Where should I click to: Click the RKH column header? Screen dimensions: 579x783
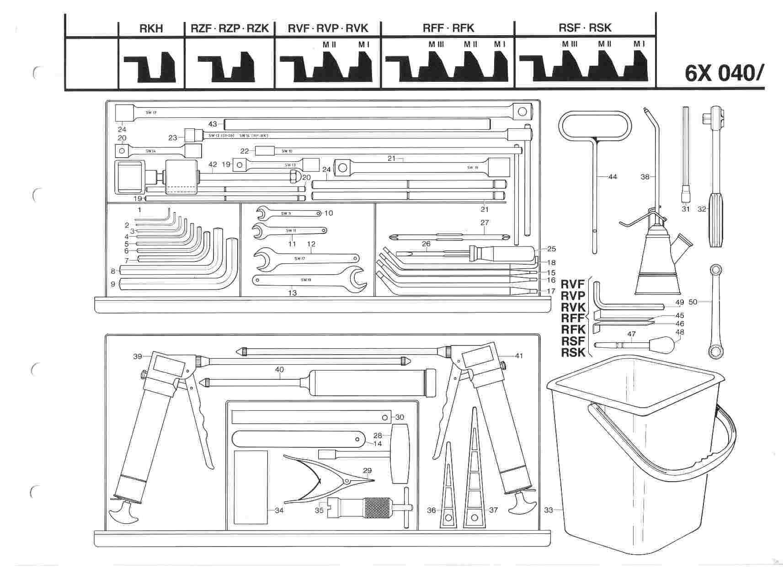click(x=151, y=28)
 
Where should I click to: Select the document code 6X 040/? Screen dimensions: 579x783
click(x=724, y=72)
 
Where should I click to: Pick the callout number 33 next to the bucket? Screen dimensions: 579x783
click(x=549, y=510)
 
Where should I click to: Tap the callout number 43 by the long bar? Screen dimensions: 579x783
click(x=213, y=124)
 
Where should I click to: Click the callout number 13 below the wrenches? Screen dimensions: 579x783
click(x=293, y=293)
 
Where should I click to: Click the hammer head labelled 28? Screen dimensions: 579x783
click(x=399, y=453)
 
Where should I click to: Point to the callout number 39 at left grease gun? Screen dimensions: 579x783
click(x=138, y=356)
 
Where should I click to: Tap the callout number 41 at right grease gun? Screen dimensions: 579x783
click(x=518, y=356)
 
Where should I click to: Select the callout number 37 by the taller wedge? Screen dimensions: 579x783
click(x=493, y=510)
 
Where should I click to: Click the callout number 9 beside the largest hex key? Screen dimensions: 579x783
click(x=112, y=284)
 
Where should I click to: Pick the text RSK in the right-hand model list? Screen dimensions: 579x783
click(x=573, y=352)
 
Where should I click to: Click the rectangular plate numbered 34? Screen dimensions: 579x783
click(x=250, y=487)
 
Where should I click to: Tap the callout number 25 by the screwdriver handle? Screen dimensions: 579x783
click(x=551, y=249)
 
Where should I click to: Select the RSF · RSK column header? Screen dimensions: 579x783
click(x=585, y=28)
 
